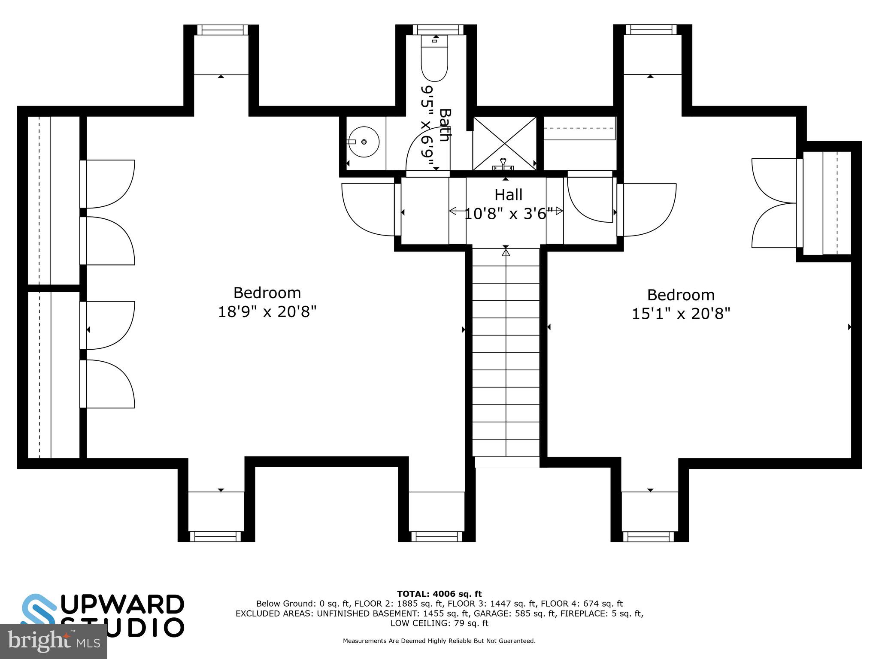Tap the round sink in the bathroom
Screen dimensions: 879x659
[364, 142]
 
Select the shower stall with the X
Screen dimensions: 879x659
[505, 143]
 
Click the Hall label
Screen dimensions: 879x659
[508, 195]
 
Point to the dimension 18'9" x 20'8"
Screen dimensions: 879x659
[267, 311]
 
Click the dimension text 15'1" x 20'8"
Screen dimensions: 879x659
[681, 314]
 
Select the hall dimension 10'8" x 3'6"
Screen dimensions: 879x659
[508, 213]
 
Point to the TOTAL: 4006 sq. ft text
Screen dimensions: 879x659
[439, 594]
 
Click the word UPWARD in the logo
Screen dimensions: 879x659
[123, 605]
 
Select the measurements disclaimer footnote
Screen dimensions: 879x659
[439, 641]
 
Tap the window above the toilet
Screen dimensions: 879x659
[438, 30]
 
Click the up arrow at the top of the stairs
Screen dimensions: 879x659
[506, 253]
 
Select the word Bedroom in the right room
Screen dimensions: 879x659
[681, 295]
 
